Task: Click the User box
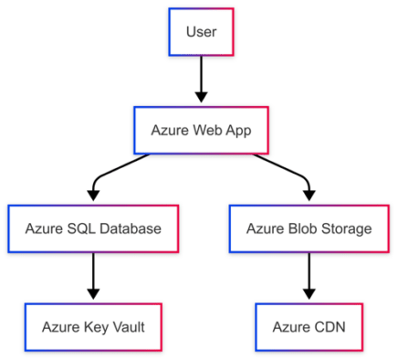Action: point(201,33)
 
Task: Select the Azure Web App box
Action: point(201,130)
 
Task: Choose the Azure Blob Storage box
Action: point(309,228)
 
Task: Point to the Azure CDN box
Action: point(309,325)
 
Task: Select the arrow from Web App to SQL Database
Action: point(114,170)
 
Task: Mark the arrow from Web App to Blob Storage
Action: point(288,170)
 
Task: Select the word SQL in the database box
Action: point(83,228)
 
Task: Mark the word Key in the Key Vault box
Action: point(91,326)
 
